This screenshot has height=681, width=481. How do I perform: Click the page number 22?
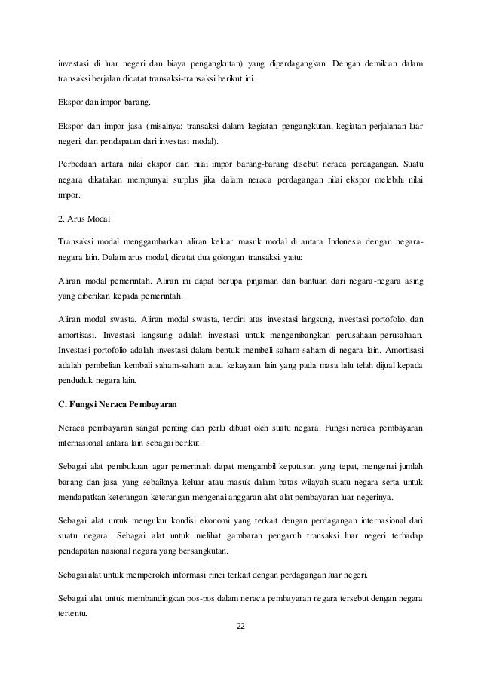coord(240,625)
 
